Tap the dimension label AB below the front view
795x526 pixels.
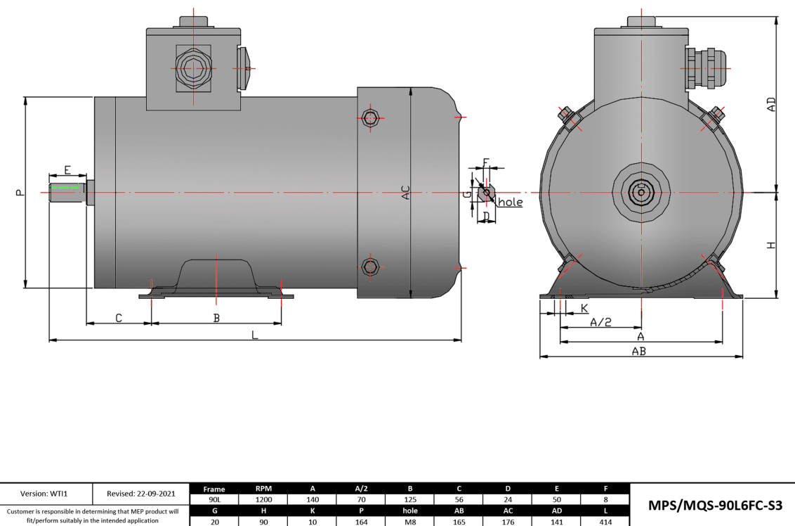638,352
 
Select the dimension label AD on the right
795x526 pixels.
771,105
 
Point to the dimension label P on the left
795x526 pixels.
20,192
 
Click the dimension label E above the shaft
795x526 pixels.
67,169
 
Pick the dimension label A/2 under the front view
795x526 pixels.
600,322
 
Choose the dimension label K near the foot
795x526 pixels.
585,308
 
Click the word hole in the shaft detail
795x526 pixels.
511,203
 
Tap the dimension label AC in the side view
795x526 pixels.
405,192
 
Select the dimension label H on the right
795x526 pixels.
771,245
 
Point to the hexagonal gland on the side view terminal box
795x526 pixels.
192,69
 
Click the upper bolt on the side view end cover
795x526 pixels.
371,117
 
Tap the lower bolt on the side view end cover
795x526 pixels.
371,266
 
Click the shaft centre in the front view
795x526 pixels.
640,192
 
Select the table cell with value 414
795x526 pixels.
605,522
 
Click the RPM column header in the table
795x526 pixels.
263,489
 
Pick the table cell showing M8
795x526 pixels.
410,522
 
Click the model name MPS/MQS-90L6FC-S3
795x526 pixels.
713,506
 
